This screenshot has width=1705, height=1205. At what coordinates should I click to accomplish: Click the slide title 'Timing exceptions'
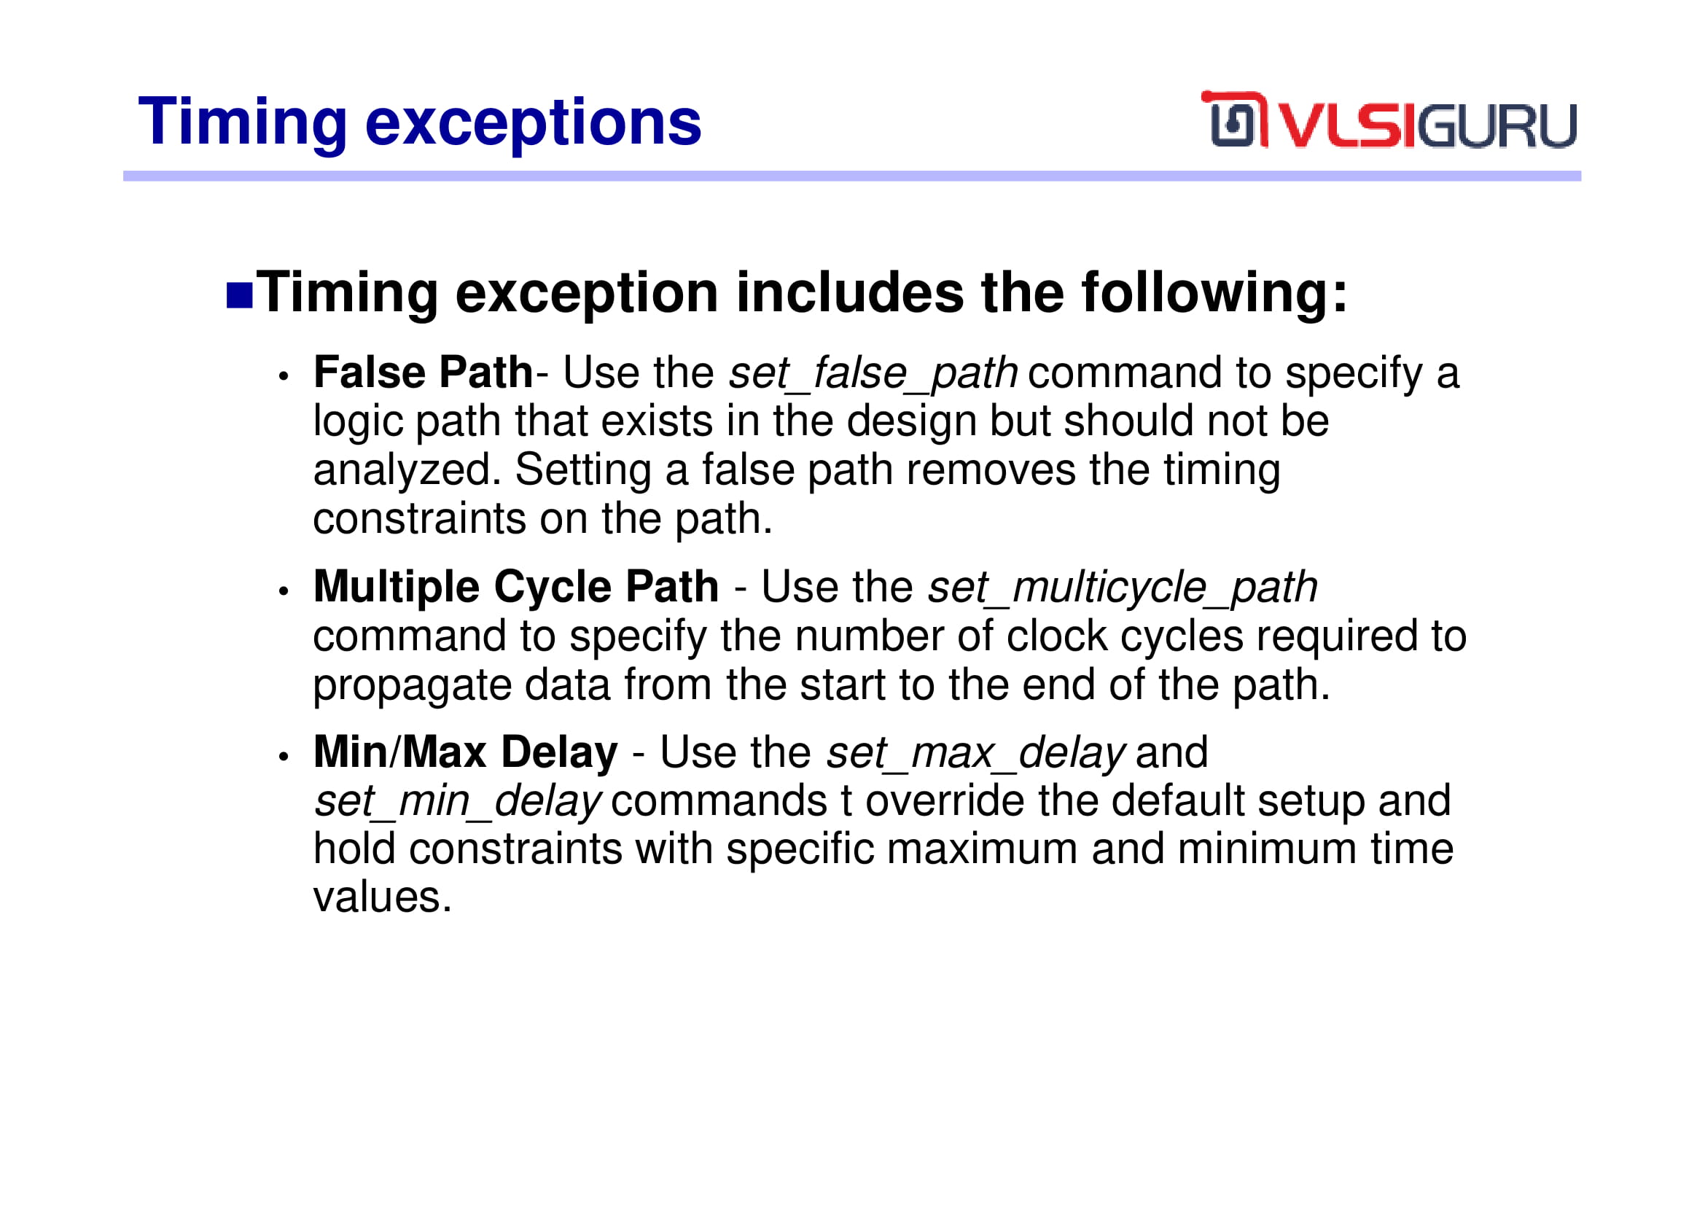[x=420, y=123]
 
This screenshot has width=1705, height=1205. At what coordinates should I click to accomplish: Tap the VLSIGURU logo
[x=1388, y=120]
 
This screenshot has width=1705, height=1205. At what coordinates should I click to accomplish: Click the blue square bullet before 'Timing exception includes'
[x=239, y=295]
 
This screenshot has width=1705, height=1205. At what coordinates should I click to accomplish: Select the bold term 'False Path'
[x=423, y=372]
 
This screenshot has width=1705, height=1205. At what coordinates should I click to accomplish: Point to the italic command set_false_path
[x=873, y=373]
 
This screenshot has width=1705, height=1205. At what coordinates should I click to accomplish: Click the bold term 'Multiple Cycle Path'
[x=516, y=588]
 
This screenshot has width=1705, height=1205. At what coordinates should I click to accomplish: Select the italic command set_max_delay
[x=976, y=753]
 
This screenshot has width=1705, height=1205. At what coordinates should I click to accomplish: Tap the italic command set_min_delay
[x=457, y=802]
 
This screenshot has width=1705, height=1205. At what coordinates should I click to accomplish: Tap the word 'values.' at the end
[x=383, y=897]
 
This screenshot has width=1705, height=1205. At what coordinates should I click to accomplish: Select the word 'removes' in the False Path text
[x=991, y=471]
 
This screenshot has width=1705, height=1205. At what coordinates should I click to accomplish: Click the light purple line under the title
[x=851, y=176]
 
